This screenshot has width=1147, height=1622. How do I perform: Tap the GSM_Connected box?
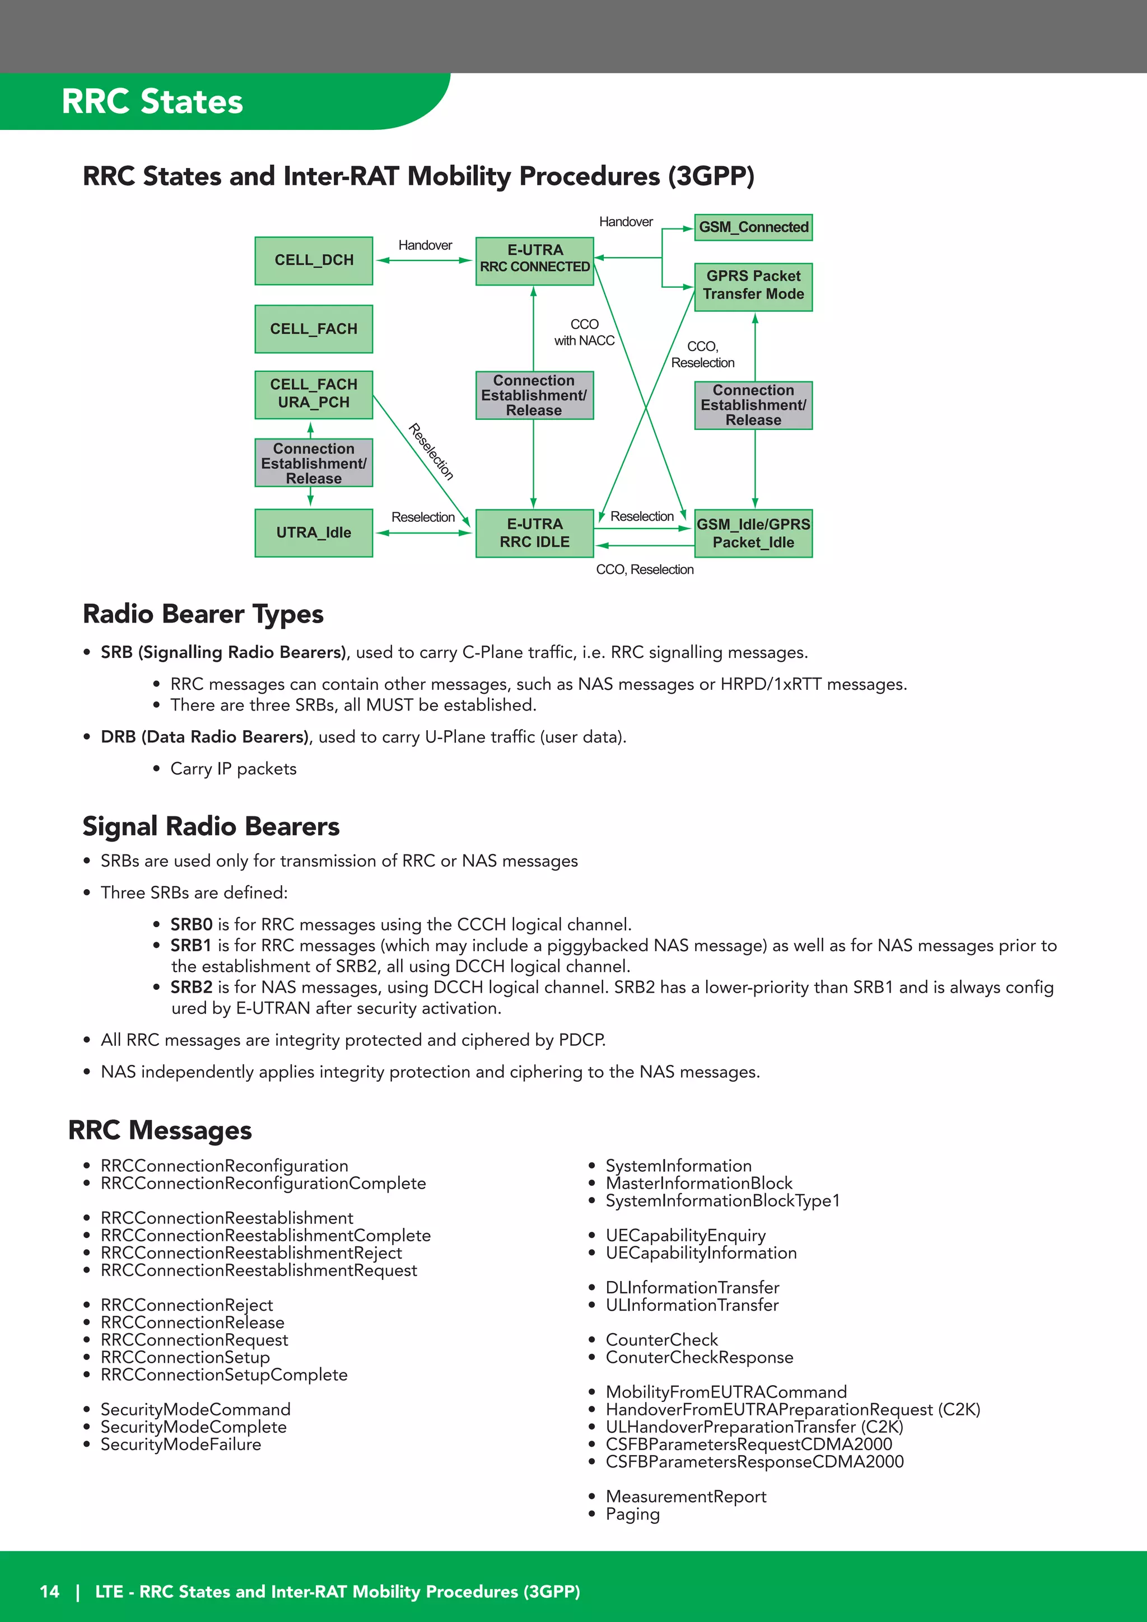click(753, 227)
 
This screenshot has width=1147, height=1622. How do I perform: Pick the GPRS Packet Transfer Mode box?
click(753, 286)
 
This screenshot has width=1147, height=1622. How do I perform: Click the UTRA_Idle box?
click(314, 532)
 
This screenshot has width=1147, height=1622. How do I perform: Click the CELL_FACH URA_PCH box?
click(314, 394)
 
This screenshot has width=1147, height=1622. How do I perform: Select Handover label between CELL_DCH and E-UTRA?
click(425, 245)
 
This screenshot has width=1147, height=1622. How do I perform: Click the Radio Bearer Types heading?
click(203, 614)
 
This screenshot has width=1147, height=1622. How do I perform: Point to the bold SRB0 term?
click(192, 924)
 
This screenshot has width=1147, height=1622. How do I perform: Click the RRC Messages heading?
click(160, 1130)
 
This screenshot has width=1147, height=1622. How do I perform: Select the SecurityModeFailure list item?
click(181, 1444)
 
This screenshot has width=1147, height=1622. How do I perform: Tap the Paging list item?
click(632, 1514)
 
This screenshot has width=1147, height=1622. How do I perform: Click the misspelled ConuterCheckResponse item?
click(699, 1357)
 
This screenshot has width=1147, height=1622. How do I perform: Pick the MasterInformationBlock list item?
click(699, 1183)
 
